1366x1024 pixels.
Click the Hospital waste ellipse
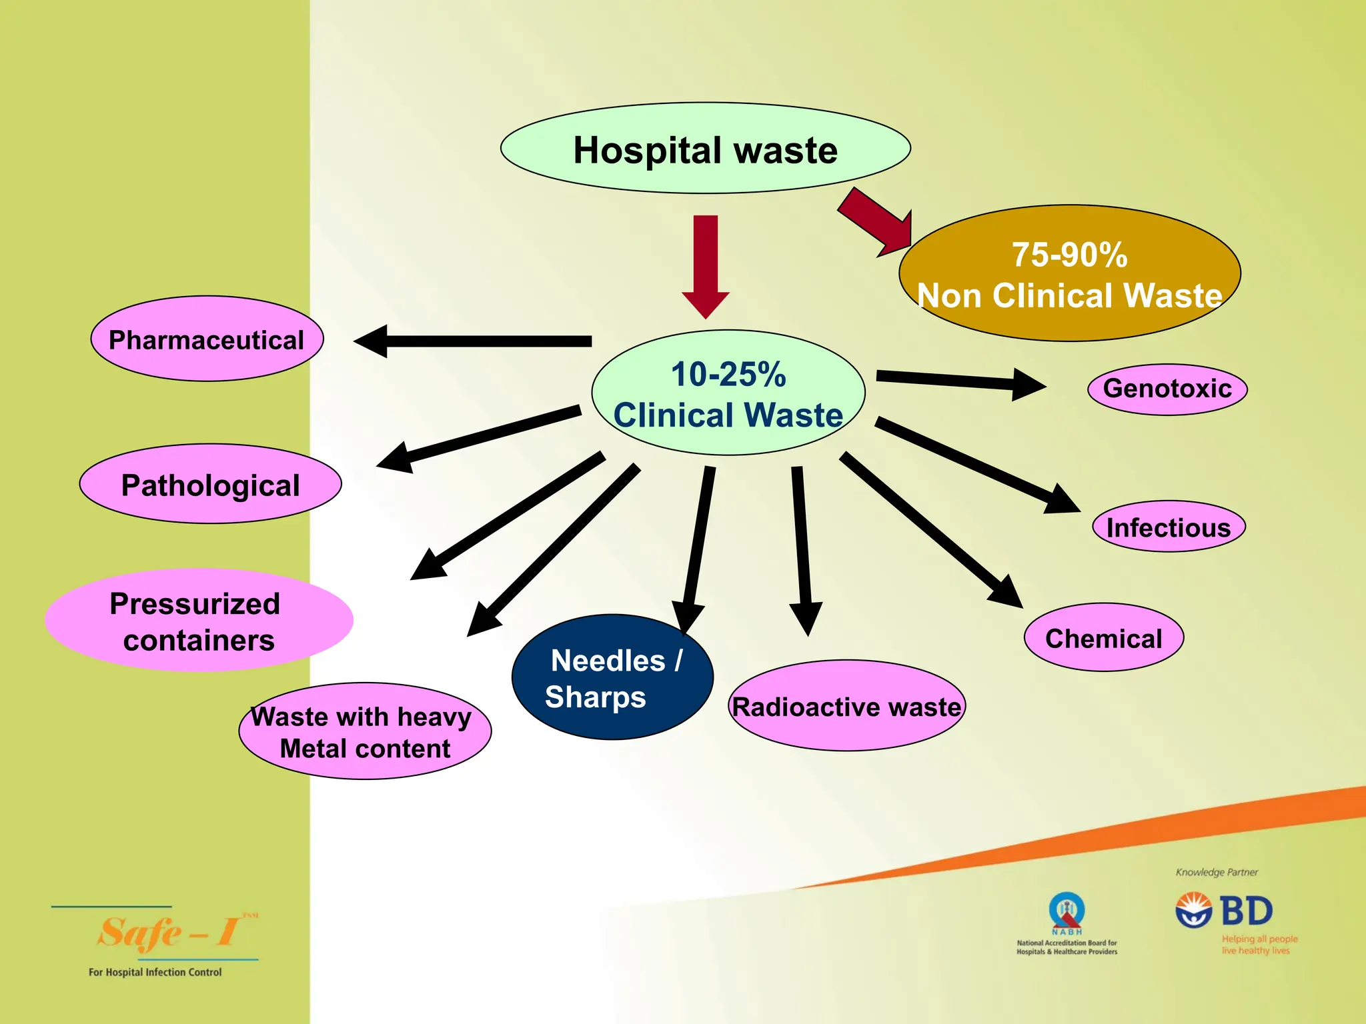(x=705, y=148)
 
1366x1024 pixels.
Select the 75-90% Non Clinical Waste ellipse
(x=1069, y=273)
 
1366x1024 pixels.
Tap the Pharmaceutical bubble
(x=207, y=339)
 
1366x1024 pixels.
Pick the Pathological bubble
(x=210, y=484)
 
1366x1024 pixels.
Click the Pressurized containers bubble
(x=198, y=620)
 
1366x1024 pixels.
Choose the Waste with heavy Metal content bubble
(x=365, y=731)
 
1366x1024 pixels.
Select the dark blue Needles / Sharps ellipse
(x=612, y=677)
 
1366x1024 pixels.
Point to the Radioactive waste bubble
(x=846, y=706)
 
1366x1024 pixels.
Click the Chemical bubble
(x=1103, y=638)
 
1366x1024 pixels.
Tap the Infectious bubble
(x=1168, y=527)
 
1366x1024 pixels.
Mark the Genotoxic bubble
(x=1167, y=389)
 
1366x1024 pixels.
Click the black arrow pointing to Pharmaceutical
(x=474, y=341)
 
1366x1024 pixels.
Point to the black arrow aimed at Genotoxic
(x=960, y=382)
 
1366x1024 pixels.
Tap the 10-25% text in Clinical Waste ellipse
(x=728, y=374)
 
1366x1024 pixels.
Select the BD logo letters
(x=1246, y=911)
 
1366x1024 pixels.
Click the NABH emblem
(x=1067, y=912)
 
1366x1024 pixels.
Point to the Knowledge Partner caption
(x=1217, y=872)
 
